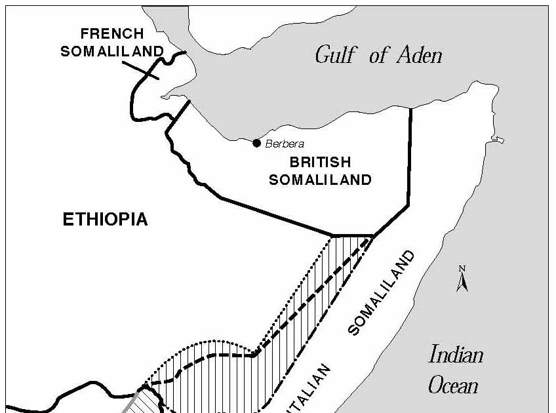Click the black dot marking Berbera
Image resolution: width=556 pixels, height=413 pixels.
[x=256, y=143]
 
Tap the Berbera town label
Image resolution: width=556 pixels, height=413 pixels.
[x=285, y=144]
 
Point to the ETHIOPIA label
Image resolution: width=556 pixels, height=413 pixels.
[x=105, y=220]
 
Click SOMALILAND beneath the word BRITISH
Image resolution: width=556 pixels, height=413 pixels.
[x=320, y=179]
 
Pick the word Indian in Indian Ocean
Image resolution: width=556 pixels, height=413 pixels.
[x=456, y=356]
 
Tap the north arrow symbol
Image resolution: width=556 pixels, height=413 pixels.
[x=462, y=279]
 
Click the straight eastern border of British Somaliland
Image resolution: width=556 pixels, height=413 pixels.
[x=410, y=157]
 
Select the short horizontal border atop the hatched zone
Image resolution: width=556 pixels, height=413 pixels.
[x=353, y=235]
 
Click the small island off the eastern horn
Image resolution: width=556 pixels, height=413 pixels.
[x=499, y=139]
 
